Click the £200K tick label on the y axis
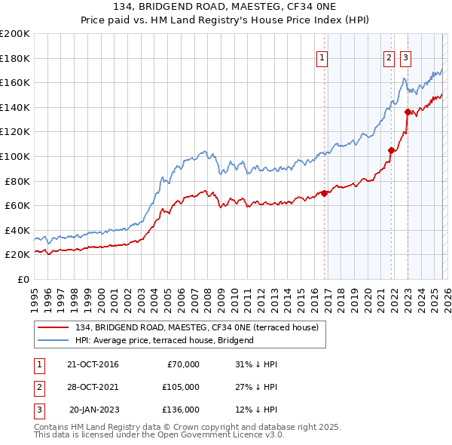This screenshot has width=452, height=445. (x=15, y=34)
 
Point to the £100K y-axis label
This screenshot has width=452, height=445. (x=15, y=157)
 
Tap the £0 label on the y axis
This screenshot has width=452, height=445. (x=23, y=280)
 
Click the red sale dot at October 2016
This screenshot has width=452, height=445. (x=325, y=193)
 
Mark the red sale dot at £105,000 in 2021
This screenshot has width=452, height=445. (x=391, y=150)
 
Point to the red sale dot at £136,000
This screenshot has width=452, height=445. (x=408, y=112)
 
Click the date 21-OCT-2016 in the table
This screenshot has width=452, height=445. (x=93, y=364)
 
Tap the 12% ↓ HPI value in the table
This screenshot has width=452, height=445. (x=256, y=410)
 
